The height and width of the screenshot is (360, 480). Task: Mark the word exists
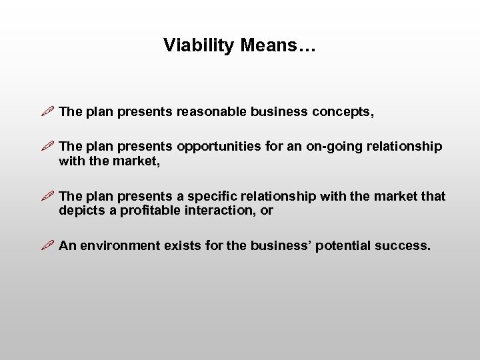click(181, 246)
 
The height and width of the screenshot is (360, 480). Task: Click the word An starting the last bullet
click(67, 246)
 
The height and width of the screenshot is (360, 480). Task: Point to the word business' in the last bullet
click(281, 246)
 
